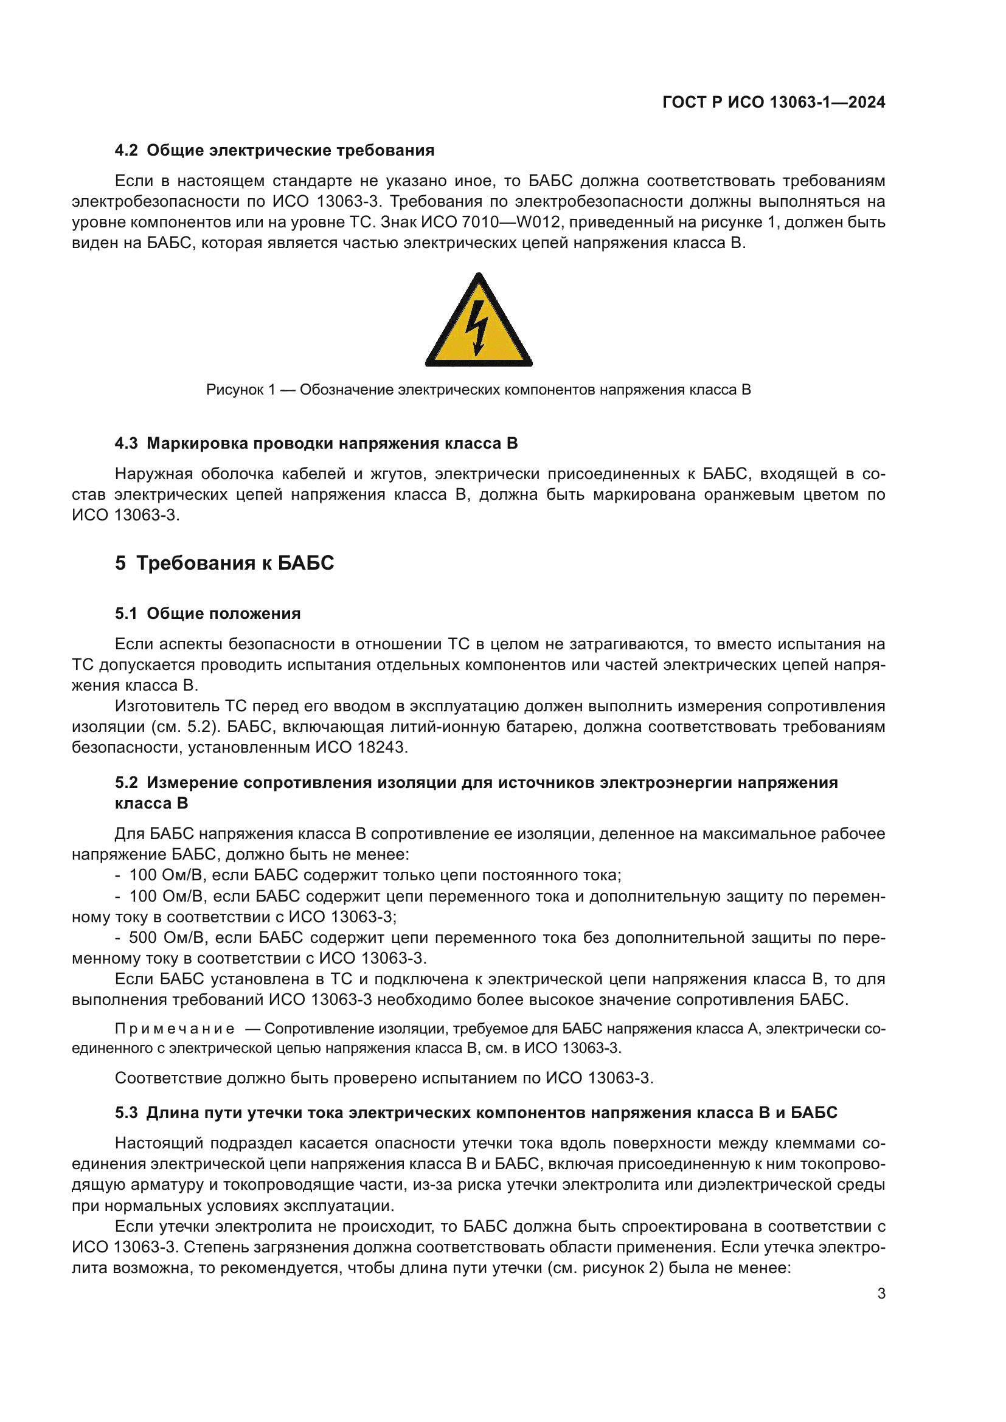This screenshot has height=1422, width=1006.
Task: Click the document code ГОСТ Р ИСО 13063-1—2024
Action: pyautogui.click(x=773, y=102)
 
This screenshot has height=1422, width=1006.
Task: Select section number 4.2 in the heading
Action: pyautogui.click(x=127, y=151)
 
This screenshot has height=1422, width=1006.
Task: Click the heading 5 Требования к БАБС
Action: pyautogui.click(x=224, y=562)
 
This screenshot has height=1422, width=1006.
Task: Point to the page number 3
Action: pyautogui.click(x=881, y=1294)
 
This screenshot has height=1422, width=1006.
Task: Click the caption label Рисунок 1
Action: pyautogui.click(x=240, y=390)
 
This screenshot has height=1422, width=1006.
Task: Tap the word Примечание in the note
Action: pyautogui.click(x=175, y=1029)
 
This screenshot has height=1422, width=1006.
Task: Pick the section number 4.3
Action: pyautogui.click(x=127, y=443)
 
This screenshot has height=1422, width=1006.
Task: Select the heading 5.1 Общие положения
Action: pyautogui.click(x=207, y=613)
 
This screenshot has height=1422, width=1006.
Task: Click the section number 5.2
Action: pyautogui.click(x=127, y=783)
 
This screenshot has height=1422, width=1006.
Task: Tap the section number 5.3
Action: pyautogui.click(x=127, y=1113)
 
